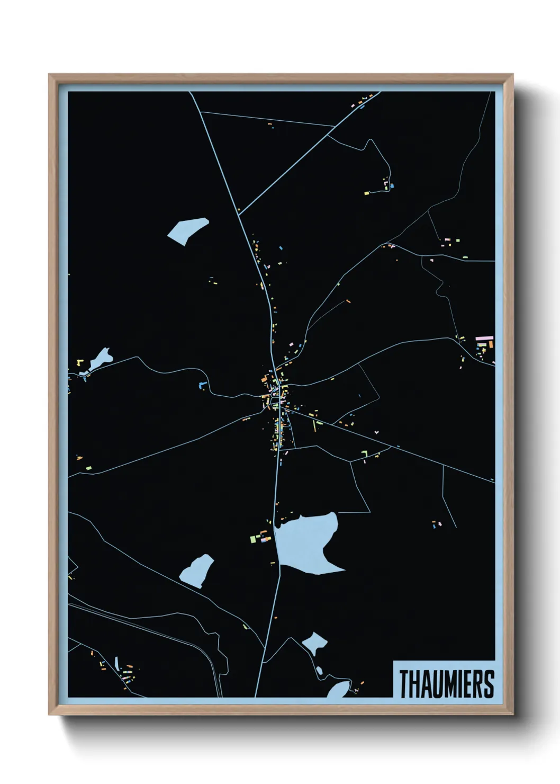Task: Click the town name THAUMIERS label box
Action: pos(445,679)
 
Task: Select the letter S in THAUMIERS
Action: pos(489,684)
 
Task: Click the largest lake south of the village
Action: pos(307,543)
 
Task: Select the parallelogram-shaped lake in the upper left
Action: pos(187,230)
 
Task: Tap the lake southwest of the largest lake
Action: pos(197,571)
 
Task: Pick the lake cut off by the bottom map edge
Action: pos(338,690)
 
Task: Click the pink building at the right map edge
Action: pos(484,338)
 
